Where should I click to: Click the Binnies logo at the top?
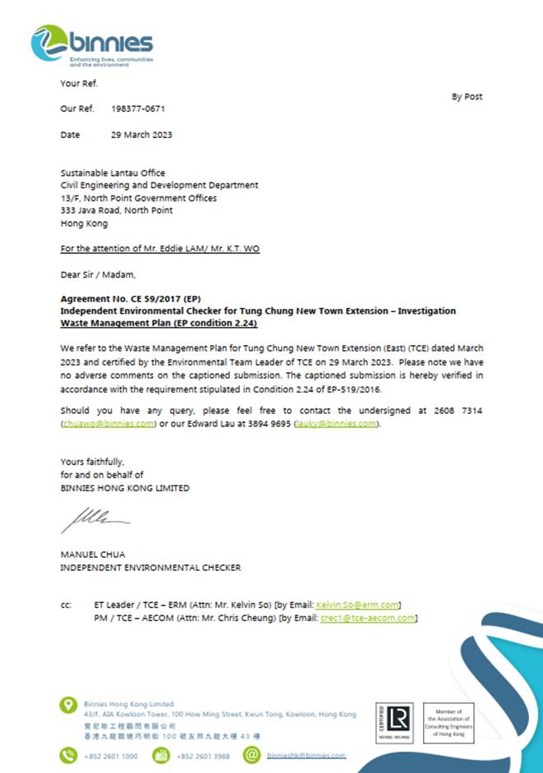click(91, 44)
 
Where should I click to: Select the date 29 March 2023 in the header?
click(141, 135)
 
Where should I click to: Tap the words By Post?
click(467, 97)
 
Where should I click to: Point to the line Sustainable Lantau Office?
click(113, 173)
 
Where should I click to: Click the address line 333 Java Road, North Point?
click(117, 210)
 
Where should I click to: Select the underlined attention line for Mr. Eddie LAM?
click(159, 248)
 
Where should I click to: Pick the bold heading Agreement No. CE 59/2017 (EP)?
click(131, 299)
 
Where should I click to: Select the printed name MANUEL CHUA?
click(93, 555)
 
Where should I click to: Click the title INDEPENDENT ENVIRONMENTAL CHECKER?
click(150, 568)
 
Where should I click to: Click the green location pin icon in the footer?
click(69, 705)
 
